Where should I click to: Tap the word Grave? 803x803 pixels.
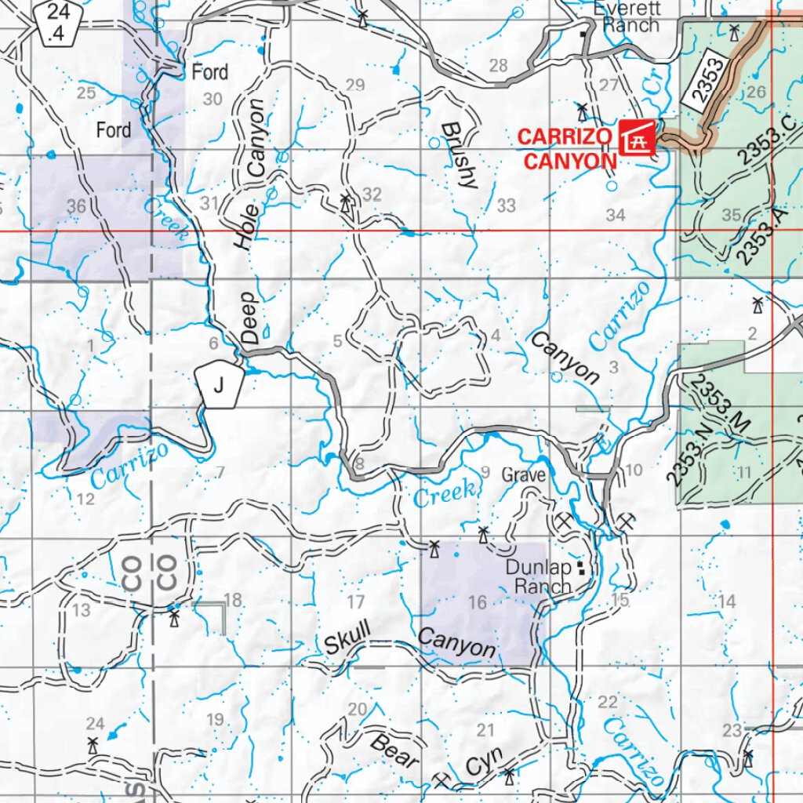[523, 475]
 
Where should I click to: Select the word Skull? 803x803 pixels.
[347, 638]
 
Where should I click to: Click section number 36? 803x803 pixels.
[76, 206]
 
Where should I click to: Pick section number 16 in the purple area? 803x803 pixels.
[477, 602]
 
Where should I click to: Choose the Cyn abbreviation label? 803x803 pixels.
[479, 766]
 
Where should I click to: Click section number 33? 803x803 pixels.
[506, 205]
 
